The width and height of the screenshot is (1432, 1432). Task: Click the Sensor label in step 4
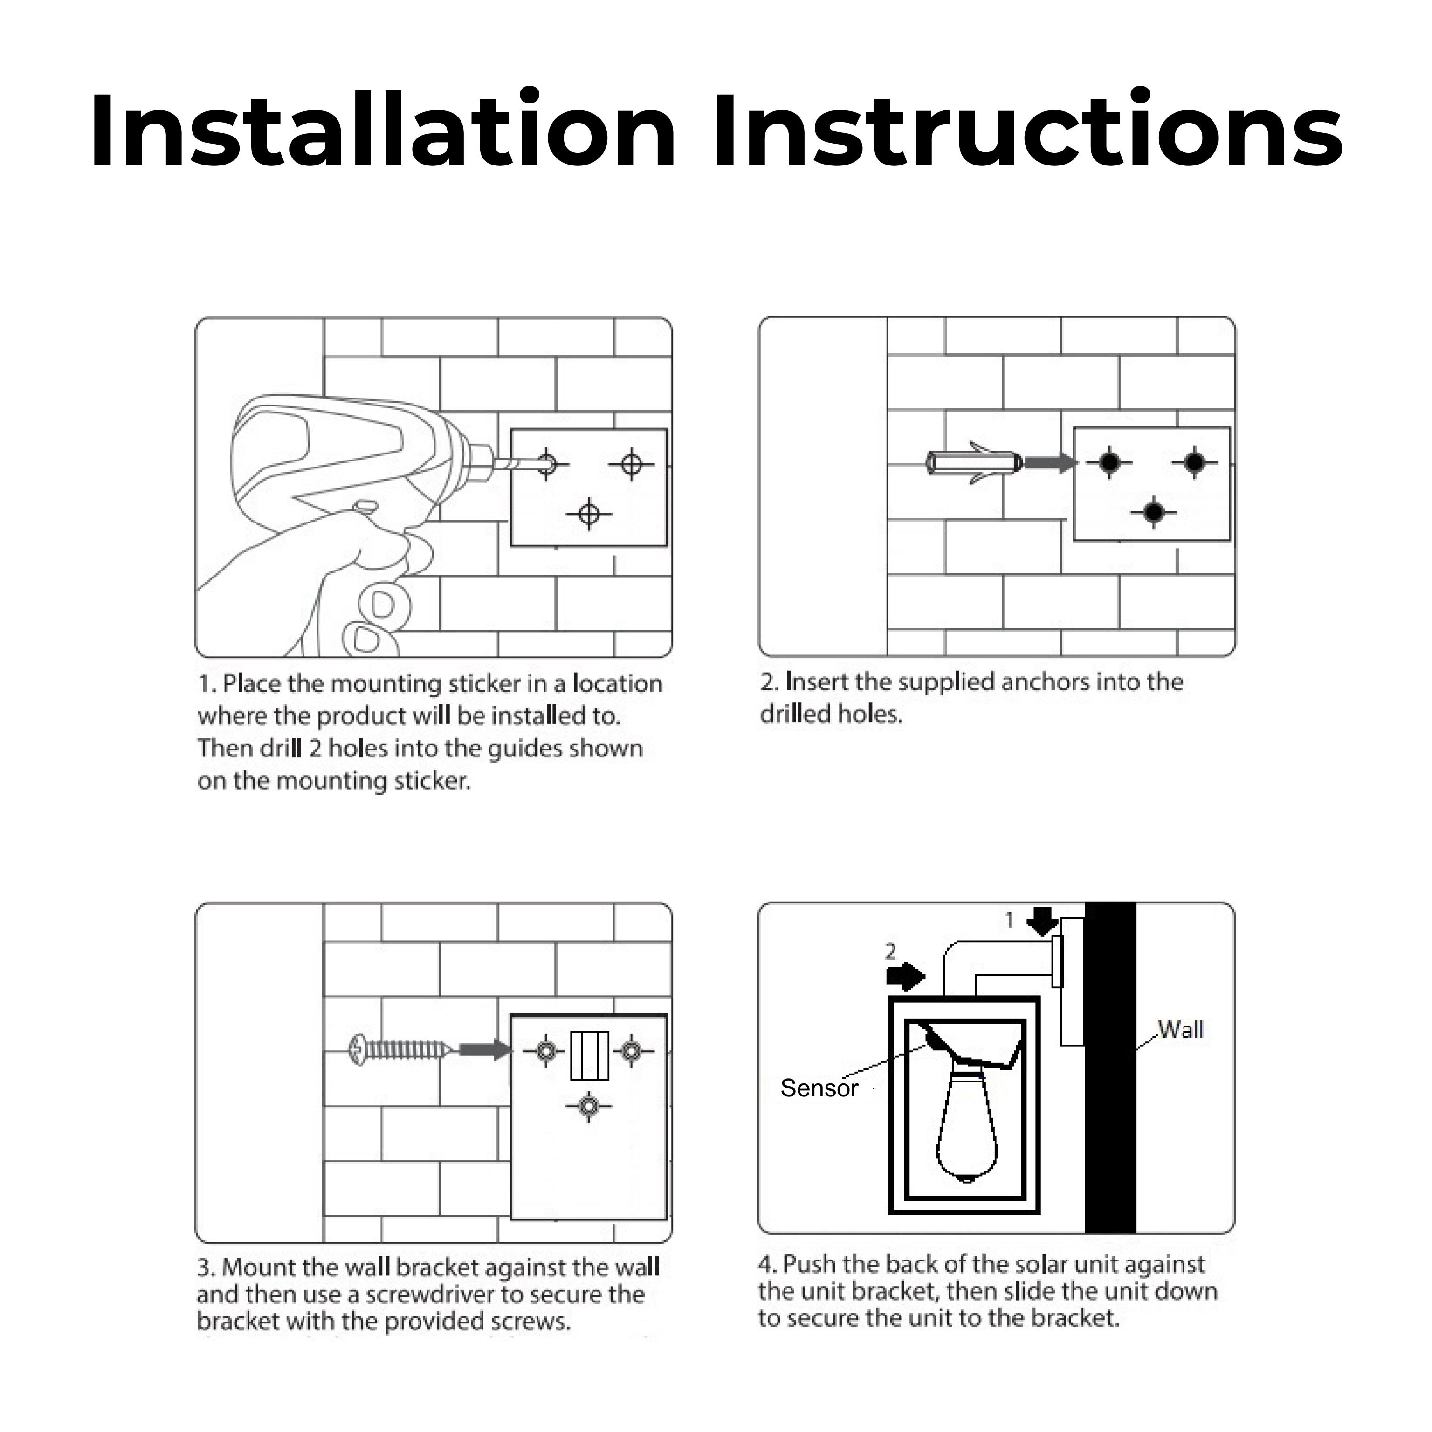coord(819,1088)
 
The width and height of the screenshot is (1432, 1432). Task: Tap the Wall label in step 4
coord(1181,1030)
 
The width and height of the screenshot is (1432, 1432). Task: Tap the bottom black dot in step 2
coord(1153,511)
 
